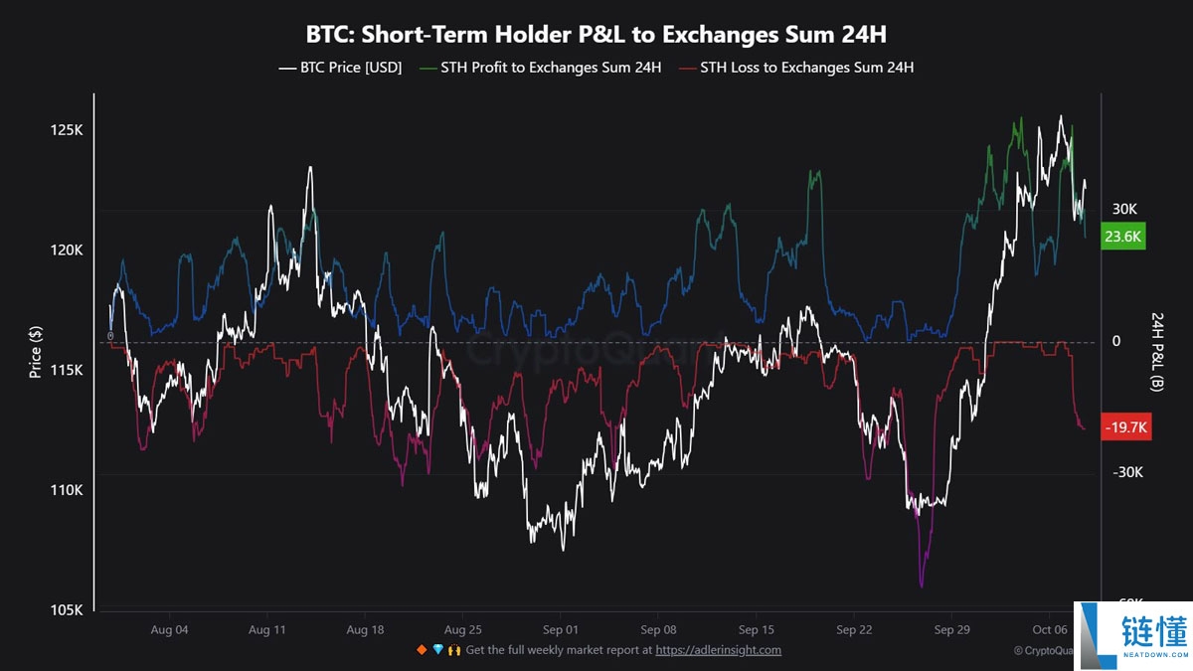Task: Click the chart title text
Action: tap(596, 35)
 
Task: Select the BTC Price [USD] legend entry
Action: tap(340, 68)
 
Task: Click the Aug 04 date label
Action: tap(169, 630)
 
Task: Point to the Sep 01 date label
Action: tap(561, 630)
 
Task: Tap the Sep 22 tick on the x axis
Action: tap(854, 630)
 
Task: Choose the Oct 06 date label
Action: tap(1049, 630)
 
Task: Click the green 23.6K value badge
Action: tap(1124, 237)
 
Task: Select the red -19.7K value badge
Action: tap(1126, 427)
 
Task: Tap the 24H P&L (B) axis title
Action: tap(1157, 351)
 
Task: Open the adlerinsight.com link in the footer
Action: tap(718, 650)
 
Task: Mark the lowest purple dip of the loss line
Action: tap(922, 586)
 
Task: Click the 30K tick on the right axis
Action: tap(1123, 210)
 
